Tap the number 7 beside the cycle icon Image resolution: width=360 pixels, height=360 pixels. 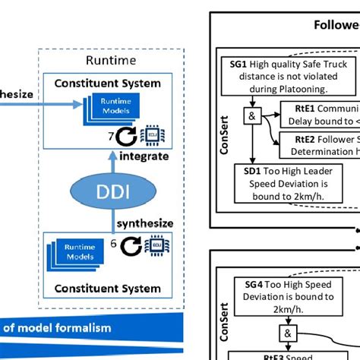point(112,137)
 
